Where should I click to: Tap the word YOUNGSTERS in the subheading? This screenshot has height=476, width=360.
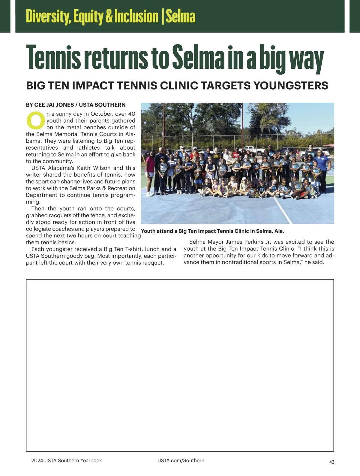click(291, 85)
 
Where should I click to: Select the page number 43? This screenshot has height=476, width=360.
click(331, 462)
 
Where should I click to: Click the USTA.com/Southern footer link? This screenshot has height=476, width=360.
click(181, 460)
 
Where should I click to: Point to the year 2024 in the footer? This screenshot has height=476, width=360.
click(37, 460)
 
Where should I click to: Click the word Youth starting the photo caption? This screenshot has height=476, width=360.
click(148, 231)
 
